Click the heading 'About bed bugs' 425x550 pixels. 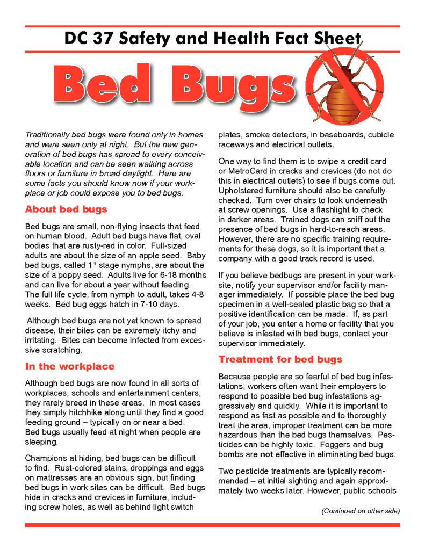click(66, 209)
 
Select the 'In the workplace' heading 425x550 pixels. click(70, 366)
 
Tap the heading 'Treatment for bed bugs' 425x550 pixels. click(280, 359)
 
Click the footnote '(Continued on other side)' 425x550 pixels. click(361, 511)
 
